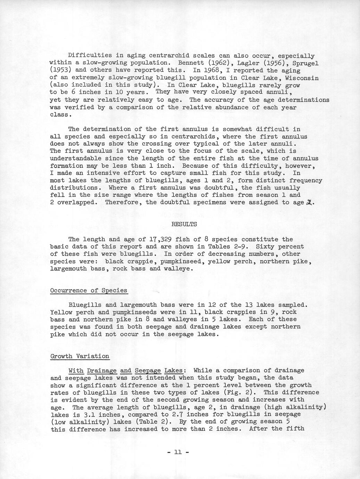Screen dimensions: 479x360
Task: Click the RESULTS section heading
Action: (184, 224)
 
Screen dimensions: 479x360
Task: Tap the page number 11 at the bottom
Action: (177, 452)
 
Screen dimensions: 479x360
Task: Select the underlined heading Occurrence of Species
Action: (89, 291)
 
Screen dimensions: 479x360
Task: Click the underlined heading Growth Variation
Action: (80, 356)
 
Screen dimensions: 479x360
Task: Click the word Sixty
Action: (267, 246)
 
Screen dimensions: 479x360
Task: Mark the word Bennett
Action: (191, 63)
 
